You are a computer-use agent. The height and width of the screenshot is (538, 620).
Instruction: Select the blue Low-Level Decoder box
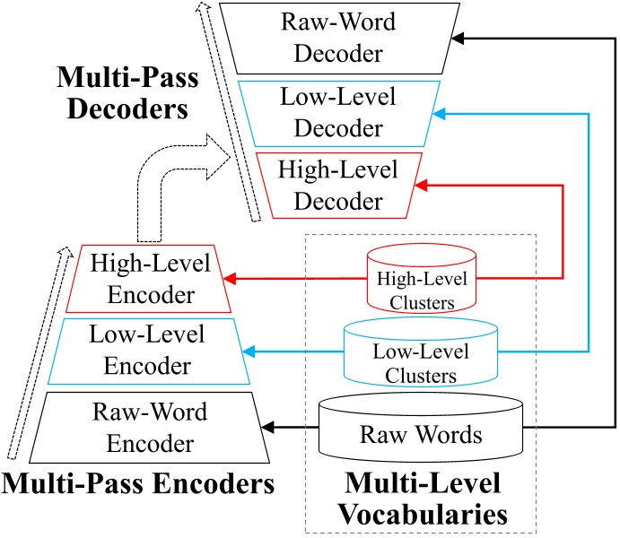tap(341, 112)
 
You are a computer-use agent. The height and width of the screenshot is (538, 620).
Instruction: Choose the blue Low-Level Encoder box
tap(146, 350)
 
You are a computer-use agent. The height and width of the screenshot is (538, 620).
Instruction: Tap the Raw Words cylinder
tap(420, 435)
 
